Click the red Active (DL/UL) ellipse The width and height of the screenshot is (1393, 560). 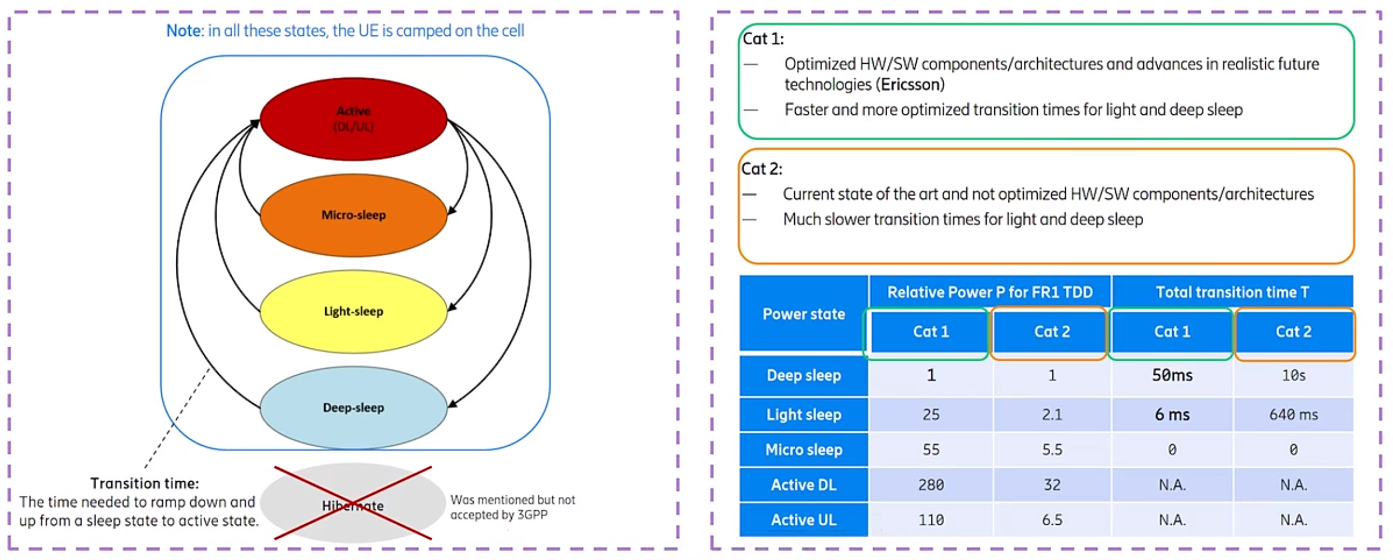coord(353,119)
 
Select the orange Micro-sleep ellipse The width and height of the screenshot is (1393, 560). coord(353,215)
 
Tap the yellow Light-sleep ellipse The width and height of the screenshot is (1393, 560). coord(353,312)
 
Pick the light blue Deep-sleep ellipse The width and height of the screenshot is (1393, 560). coord(353,408)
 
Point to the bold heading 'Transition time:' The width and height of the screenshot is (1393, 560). coord(144,483)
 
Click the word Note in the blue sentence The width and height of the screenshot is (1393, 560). coord(184,31)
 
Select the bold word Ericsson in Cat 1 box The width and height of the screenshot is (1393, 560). coord(911,84)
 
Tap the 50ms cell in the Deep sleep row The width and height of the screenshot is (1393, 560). coord(1172,375)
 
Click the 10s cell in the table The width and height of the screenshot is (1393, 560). coord(1294,375)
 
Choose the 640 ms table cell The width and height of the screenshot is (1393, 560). coord(1294,415)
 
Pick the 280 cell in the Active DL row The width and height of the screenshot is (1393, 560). coord(931,484)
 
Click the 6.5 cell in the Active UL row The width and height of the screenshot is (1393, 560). coord(1052,520)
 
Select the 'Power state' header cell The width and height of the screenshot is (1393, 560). coord(804,314)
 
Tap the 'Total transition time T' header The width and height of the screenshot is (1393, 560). coord(1232,292)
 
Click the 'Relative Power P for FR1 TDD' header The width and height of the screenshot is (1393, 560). coord(990,292)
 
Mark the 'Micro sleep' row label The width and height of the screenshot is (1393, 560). coord(804,450)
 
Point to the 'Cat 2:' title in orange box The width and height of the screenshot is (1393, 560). coord(761,169)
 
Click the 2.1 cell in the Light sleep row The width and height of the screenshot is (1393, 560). coord(1052,415)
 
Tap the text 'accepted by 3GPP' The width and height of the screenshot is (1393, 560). coord(498,514)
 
